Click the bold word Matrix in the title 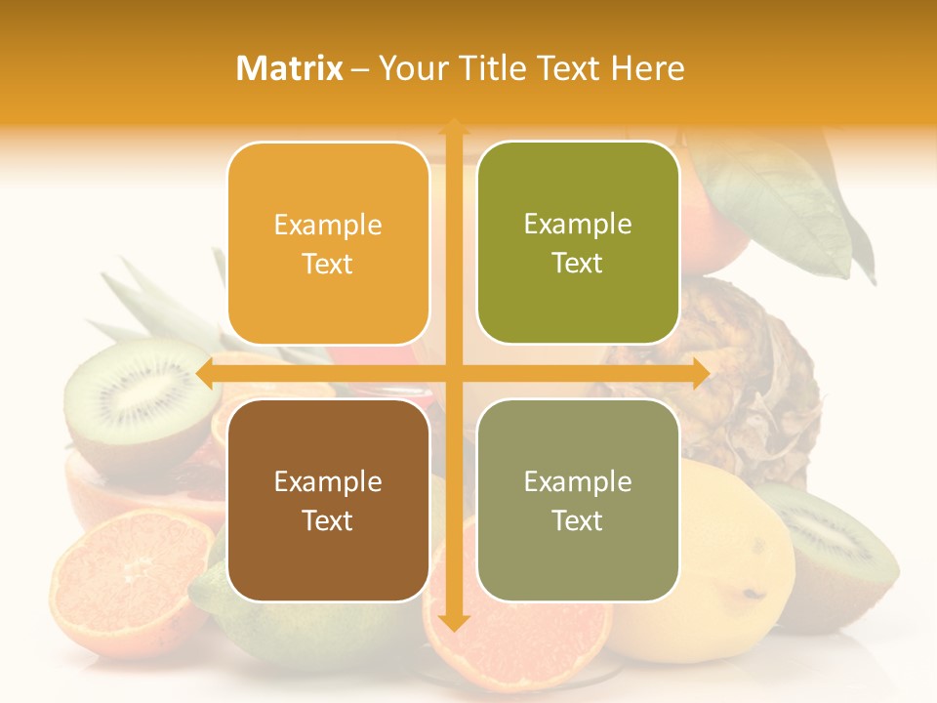pyautogui.click(x=290, y=68)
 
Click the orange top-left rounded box pyautogui.click(x=328, y=243)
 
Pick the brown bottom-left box pyautogui.click(x=328, y=500)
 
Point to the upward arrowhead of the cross pyautogui.click(x=453, y=126)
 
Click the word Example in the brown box pyautogui.click(x=328, y=481)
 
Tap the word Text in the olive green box pyautogui.click(x=577, y=264)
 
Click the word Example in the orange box pyautogui.click(x=328, y=225)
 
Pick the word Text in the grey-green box pyautogui.click(x=577, y=520)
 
